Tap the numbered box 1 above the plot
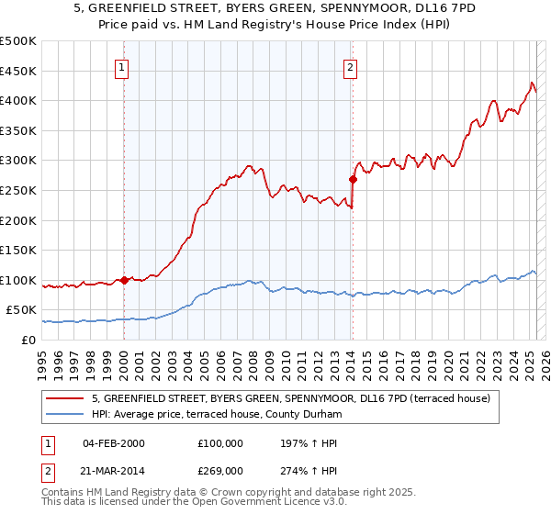click(122, 66)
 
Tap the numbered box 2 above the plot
click(351, 66)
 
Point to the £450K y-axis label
click(18, 71)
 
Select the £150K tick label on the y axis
click(18, 250)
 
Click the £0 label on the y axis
click(29, 340)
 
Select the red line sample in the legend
click(64, 398)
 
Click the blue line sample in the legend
click(64, 415)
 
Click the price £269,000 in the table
click(220, 471)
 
